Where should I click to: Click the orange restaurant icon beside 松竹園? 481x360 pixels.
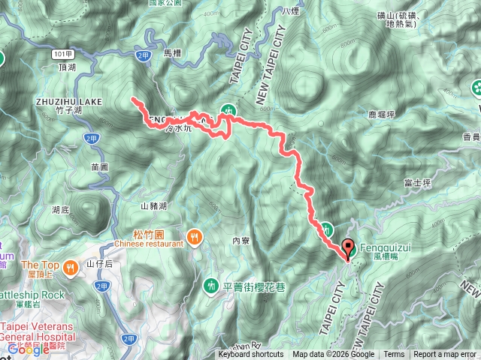click(x=195, y=238)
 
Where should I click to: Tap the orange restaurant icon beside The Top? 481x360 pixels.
click(x=70, y=265)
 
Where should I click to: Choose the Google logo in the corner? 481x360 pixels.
click(x=28, y=349)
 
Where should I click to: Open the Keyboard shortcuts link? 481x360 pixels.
click(x=251, y=355)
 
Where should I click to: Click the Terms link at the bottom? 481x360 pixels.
click(x=394, y=355)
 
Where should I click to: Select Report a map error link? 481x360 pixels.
click(x=444, y=355)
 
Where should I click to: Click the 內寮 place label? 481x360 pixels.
click(x=240, y=241)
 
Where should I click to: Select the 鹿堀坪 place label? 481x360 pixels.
click(x=382, y=115)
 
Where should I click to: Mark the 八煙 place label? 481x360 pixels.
click(x=291, y=13)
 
